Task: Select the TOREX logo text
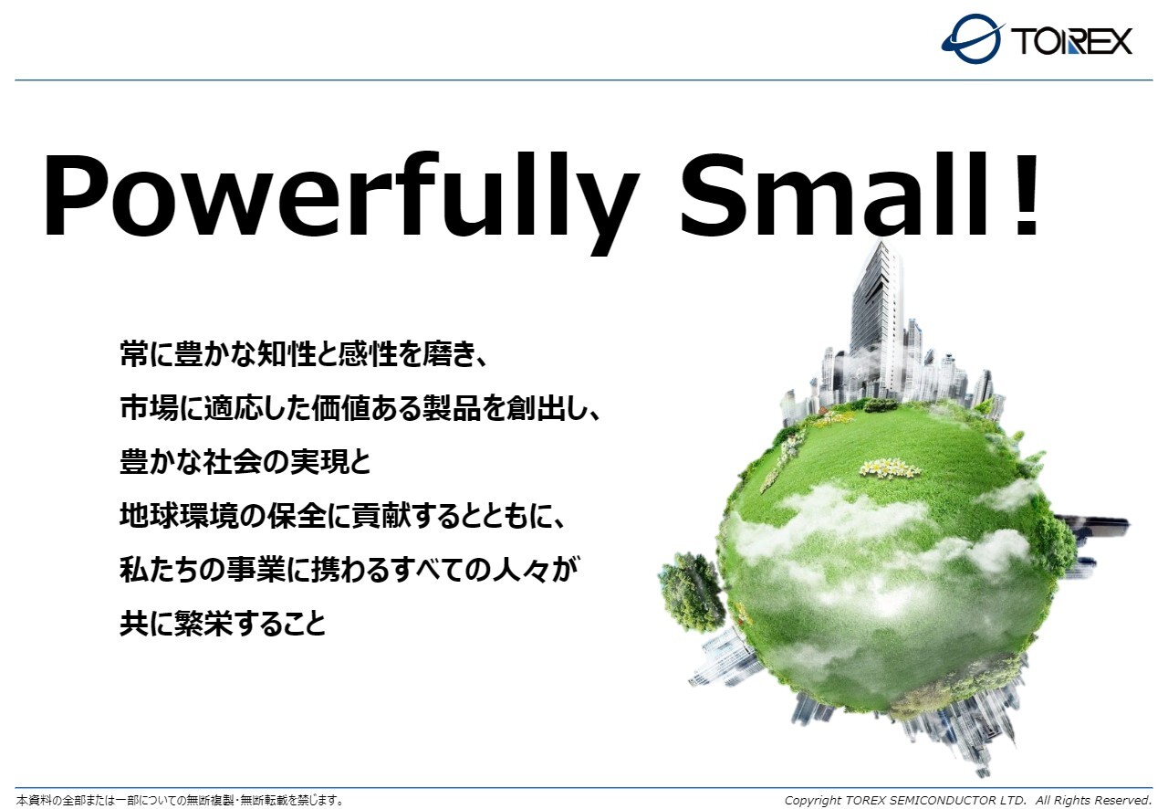click(x=1071, y=41)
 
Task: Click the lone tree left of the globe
click(x=692, y=592)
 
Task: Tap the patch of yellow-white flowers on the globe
click(x=889, y=468)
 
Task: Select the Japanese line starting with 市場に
click(x=360, y=408)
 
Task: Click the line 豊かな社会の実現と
click(x=245, y=462)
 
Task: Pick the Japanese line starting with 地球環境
click(x=342, y=516)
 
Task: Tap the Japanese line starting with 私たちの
click(x=349, y=570)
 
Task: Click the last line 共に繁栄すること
click(x=224, y=624)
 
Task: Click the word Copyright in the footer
click(x=812, y=801)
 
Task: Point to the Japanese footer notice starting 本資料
click(x=180, y=800)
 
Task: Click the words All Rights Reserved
click(x=1093, y=800)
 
